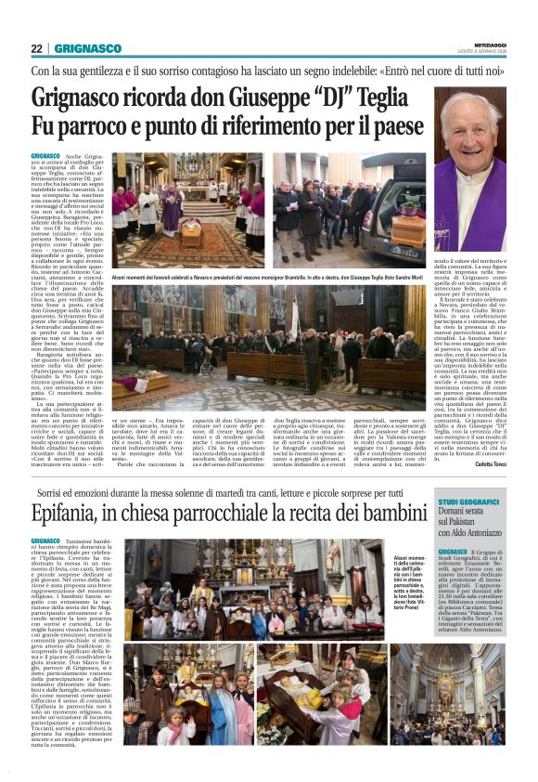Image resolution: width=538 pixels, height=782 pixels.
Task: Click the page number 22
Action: (x=36, y=48)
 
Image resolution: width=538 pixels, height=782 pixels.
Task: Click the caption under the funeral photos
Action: (x=269, y=277)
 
